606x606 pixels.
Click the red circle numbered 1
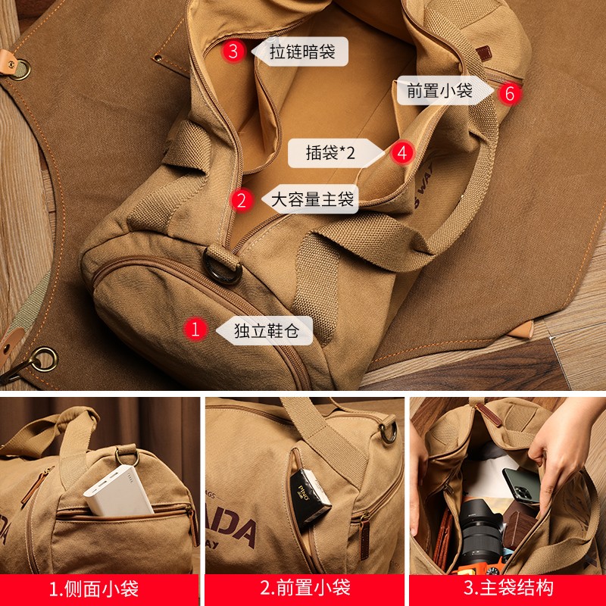click(196, 329)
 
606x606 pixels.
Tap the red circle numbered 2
click(242, 200)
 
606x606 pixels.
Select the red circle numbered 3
click(234, 52)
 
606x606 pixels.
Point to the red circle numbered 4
click(402, 153)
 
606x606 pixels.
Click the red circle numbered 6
click(510, 93)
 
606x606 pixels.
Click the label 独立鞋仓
click(263, 330)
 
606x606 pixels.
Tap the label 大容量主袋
click(313, 200)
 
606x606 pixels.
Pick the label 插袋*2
click(330, 153)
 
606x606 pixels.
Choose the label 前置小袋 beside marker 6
click(440, 91)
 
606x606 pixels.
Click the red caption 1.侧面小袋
click(99, 589)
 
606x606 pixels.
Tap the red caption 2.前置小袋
click(305, 589)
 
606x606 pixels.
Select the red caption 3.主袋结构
click(508, 589)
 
